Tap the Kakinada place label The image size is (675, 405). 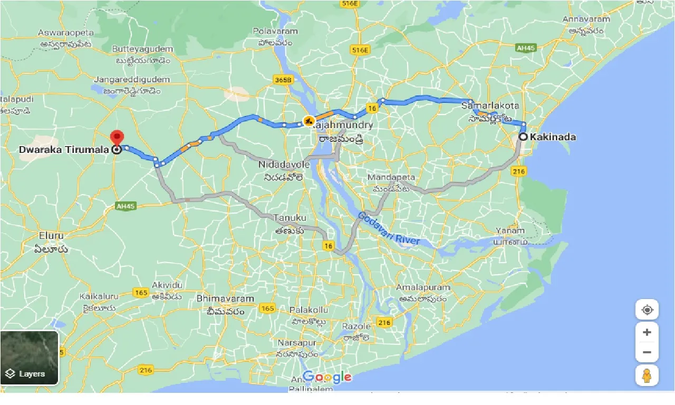[553, 137]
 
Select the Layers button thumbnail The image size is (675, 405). [30, 358]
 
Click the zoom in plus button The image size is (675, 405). [647, 332]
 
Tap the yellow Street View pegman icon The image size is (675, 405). [647, 375]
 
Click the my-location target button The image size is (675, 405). [647, 310]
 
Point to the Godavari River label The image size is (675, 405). [389, 228]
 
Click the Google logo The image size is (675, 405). [327, 377]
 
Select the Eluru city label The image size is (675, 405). [51, 235]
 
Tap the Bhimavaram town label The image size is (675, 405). [225, 298]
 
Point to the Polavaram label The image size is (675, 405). [275, 31]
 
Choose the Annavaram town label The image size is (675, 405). [586, 20]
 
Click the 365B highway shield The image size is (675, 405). [283, 80]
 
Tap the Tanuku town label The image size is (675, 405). [290, 218]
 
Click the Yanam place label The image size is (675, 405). [510, 230]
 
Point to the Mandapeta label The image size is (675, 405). [391, 177]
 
